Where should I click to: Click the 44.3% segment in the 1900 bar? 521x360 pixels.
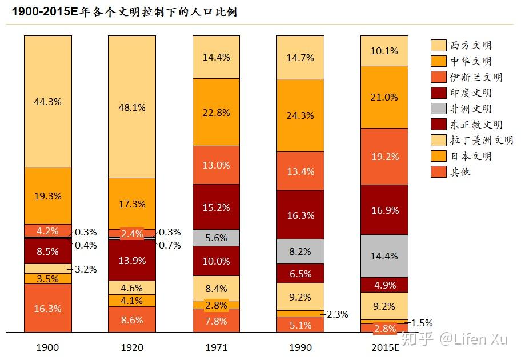pos(48,101)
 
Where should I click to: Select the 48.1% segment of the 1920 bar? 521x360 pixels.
pos(132,107)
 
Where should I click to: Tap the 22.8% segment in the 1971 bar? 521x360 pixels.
pos(216,113)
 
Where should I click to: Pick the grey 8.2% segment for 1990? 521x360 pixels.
pos(300,251)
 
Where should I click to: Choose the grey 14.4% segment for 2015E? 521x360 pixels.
pos(384,256)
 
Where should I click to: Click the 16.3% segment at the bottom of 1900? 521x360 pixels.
pos(48,308)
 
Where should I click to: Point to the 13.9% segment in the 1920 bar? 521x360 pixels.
pos(132,260)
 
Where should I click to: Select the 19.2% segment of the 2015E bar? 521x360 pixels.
pos(384,156)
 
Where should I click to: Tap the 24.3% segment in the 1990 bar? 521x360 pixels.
pos(300,115)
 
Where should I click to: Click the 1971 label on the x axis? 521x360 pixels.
pos(216,347)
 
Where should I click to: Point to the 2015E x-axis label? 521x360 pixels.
pos(384,347)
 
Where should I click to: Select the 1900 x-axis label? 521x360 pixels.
pos(48,347)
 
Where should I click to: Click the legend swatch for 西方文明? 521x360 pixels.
pos(439,45)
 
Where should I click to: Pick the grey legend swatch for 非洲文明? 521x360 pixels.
pos(439,108)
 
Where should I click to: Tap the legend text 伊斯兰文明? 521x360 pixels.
pos(476,77)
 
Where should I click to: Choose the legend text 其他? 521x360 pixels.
pos(460,171)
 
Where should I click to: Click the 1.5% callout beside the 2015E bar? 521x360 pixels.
pos(422,322)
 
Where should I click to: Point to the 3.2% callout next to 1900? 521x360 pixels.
pos(86,269)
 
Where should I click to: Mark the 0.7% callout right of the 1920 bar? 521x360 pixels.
pos(170,245)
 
